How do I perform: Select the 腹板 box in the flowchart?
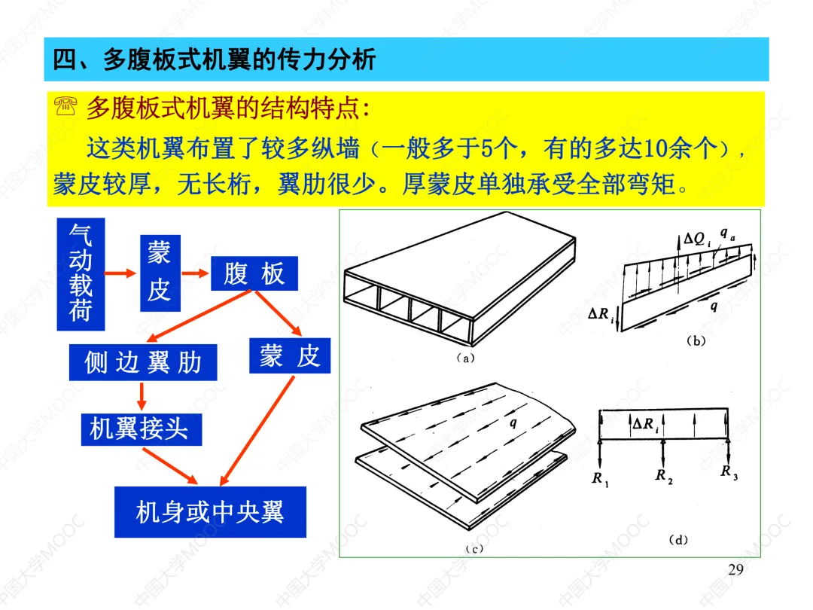(254, 274)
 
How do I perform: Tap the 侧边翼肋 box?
(142, 362)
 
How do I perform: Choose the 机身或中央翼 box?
(210, 512)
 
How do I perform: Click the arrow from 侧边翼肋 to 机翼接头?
(141, 396)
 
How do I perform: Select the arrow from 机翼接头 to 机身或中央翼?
(169, 465)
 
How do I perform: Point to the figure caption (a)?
(465, 358)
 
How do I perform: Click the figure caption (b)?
(695, 340)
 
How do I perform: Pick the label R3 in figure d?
(728, 472)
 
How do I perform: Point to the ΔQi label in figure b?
(695, 239)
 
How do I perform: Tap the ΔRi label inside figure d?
(646, 425)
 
